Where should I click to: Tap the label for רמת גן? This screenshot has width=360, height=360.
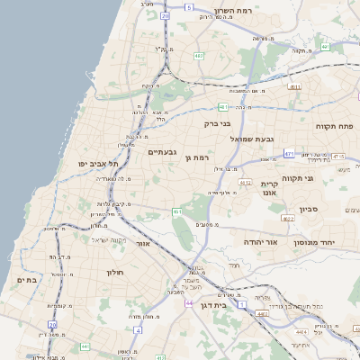[x=195, y=158]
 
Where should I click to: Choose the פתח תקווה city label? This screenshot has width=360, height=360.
[x=335, y=127]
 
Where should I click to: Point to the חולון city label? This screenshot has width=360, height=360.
[x=113, y=271]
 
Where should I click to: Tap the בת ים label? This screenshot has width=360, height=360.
[x=27, y=281]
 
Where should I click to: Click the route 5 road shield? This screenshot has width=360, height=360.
[x=188, y=7]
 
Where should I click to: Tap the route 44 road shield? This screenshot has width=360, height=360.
[x=189, y=302]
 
